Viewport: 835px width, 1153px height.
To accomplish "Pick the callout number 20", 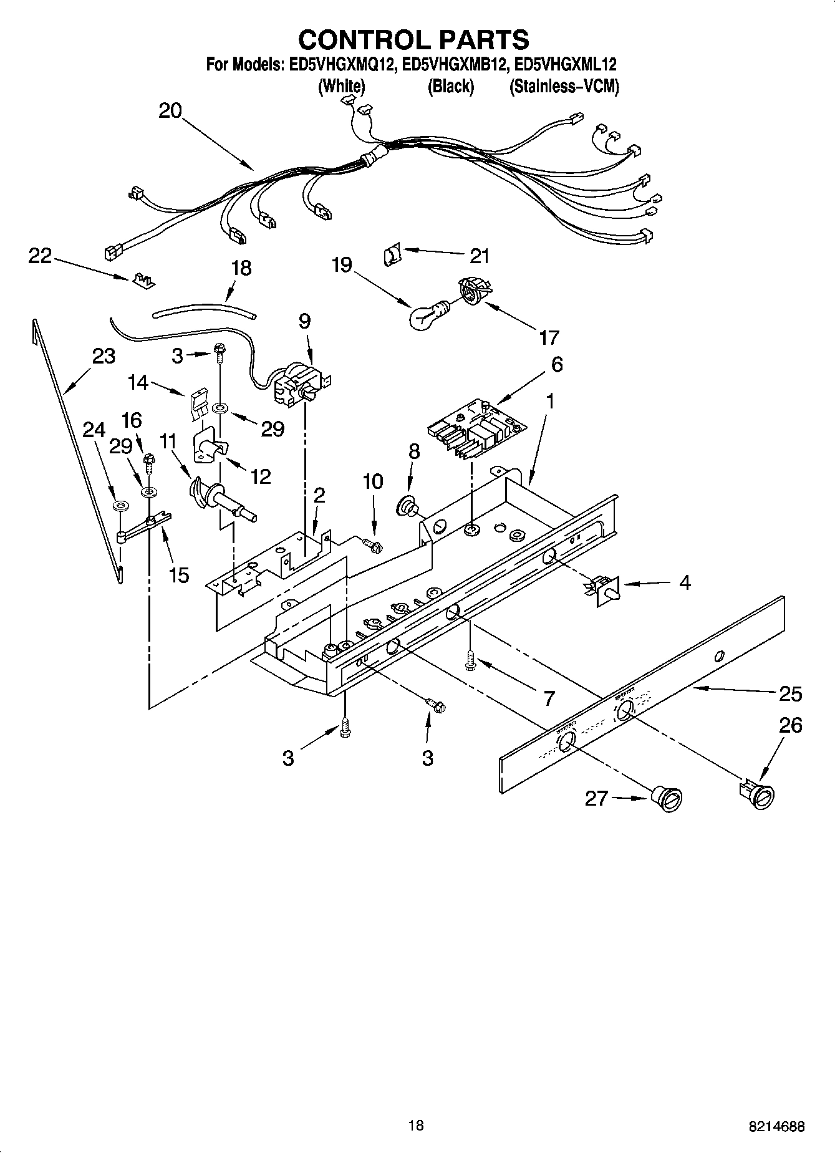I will tap(170, 112).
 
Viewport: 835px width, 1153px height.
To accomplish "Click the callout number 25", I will tap(790, 693).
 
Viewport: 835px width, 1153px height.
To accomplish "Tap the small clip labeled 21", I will tap(391, 254).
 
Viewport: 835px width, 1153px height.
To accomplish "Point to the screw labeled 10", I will tap(373, 546).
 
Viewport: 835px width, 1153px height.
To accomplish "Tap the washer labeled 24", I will tap(118, 504).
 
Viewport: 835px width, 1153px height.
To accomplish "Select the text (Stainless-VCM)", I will tap(564, 87).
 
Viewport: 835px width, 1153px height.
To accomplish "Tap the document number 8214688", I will tap(776, 1126).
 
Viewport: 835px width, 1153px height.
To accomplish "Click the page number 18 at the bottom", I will tap(416, 1125).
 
